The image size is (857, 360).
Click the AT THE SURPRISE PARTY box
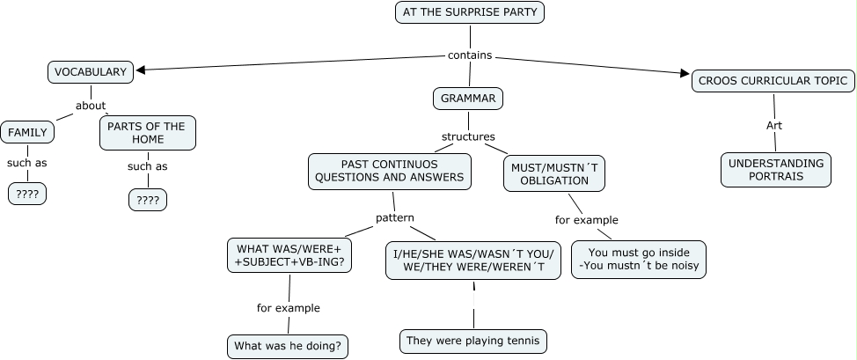(x=470, y=12)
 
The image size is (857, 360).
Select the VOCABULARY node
(x=91, y=72)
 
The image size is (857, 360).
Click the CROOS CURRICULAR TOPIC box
(x=773, y=81)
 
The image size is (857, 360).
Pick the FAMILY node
(x=27, y=133)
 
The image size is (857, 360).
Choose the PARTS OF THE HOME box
(x=147, y=133)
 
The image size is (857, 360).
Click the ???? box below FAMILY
(x=27, y=194)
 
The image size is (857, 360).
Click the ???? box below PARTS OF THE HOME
(x=148, y=201)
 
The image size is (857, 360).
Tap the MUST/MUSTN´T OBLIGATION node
(x=554, y=173)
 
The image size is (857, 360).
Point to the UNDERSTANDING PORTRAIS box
(x=775, y=170)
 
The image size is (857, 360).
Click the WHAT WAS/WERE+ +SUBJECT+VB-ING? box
(x=289, y=255)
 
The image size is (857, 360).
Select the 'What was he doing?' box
(x=288, y=346)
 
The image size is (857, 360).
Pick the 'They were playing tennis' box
(x=473, y=341)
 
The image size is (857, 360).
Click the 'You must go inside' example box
(x=638, y=260)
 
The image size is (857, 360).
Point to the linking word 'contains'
(x=470, y=55)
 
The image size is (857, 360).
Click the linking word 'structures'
(x=468, y=136)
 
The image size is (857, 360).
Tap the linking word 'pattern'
(x=395, y=217)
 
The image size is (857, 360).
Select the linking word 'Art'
(x=774, y=126)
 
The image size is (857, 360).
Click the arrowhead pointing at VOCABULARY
(x=140, y=70)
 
